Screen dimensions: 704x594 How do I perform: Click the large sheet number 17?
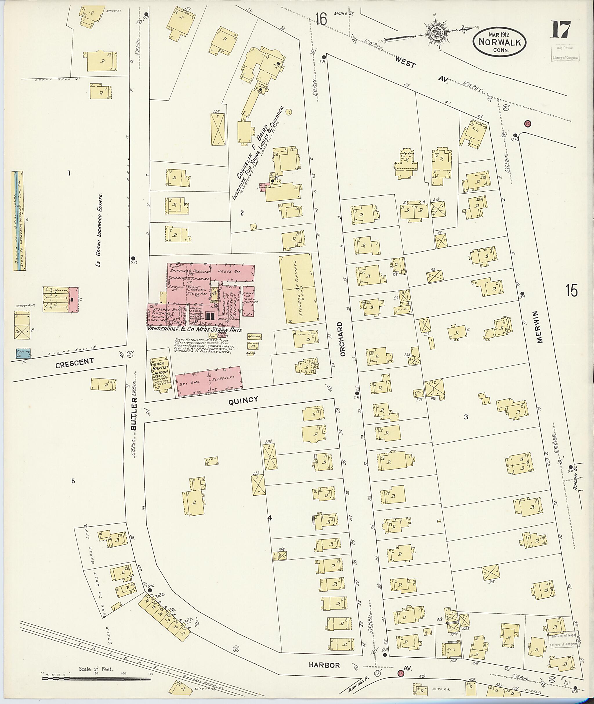560,30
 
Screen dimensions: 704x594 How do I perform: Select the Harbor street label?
325,665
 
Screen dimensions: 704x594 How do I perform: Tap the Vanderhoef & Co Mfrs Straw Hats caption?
195,330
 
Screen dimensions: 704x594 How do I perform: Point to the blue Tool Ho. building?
23,353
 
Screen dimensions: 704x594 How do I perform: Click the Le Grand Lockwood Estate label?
99,230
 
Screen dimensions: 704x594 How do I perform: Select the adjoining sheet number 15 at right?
571,290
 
